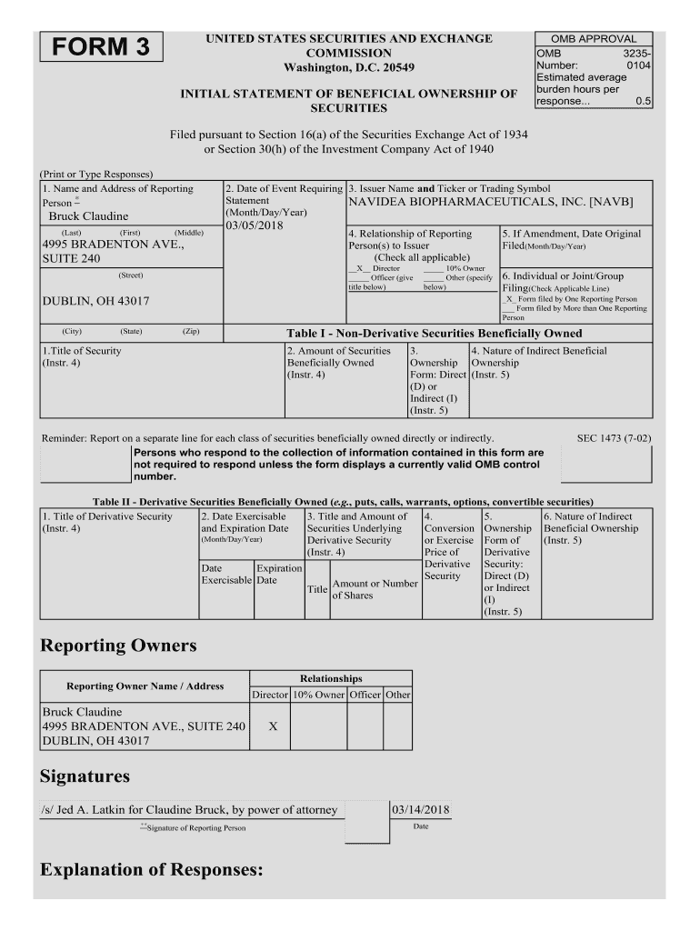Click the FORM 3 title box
point(100,47)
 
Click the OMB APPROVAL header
point(594,39)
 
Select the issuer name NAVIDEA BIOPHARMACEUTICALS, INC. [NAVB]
point(490,202)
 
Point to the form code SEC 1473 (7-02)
point(614,438)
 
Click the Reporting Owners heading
point(118,646)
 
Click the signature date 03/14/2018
point(420,809)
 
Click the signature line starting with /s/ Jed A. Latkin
point(189,809)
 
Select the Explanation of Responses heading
point(151,870)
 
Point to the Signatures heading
point(85,776)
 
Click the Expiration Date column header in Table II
point(279,574)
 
